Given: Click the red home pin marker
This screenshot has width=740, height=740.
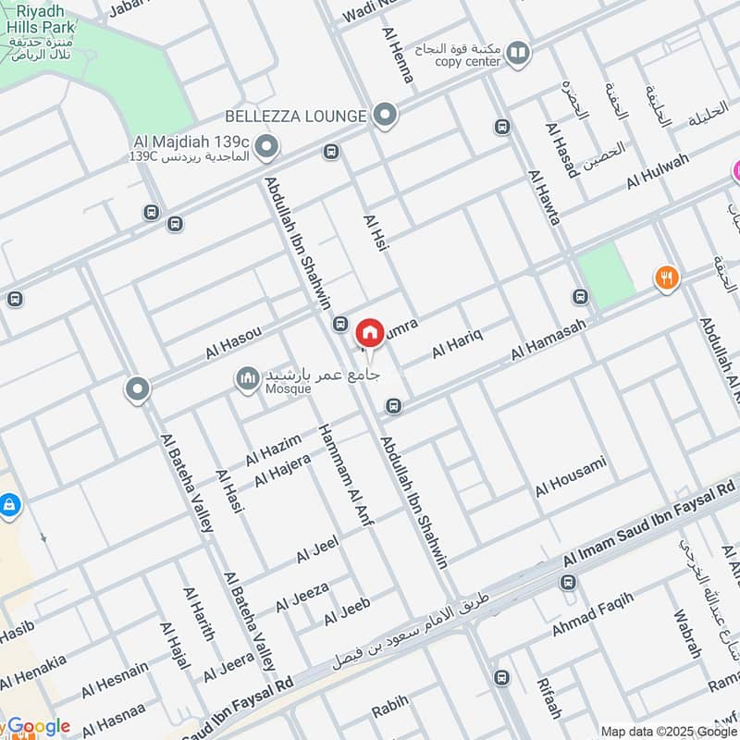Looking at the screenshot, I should [x=369, y=332].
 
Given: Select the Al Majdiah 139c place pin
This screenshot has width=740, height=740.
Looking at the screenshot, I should [x=267, y=146].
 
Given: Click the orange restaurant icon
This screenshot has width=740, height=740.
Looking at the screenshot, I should [x=666, y=277].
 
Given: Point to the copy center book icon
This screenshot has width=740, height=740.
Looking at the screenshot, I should [x=519, y=53].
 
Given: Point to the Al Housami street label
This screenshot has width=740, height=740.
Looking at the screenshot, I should [x=571, y=475].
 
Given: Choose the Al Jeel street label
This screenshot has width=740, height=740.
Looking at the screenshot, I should [x=317, y=549].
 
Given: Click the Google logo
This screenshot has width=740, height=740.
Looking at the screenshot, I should [x=39, y=727].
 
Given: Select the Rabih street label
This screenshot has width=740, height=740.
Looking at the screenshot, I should [x=389, y=710].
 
